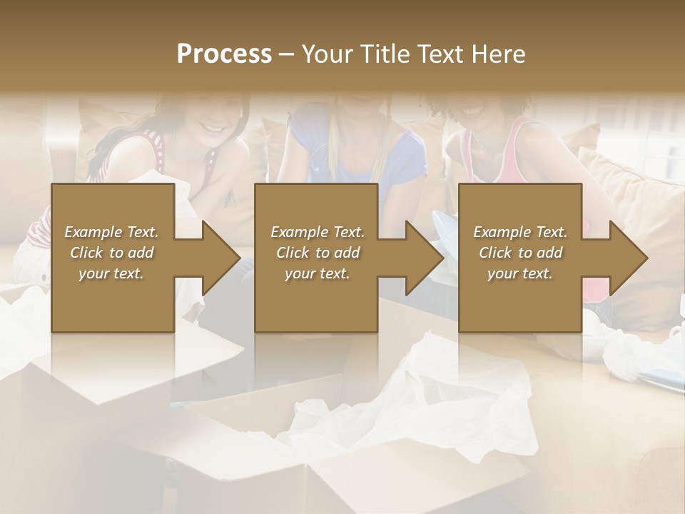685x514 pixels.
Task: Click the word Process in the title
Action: click(224, 54)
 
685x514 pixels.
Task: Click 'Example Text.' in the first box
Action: click(111, 232)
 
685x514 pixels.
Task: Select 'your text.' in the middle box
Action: click(317, 273)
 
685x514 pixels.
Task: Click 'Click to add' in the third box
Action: click(520, 253)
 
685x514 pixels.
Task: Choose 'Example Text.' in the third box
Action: click(520, 232)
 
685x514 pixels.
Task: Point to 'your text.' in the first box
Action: click(111, 273)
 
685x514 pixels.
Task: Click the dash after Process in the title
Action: click(287, 54)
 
